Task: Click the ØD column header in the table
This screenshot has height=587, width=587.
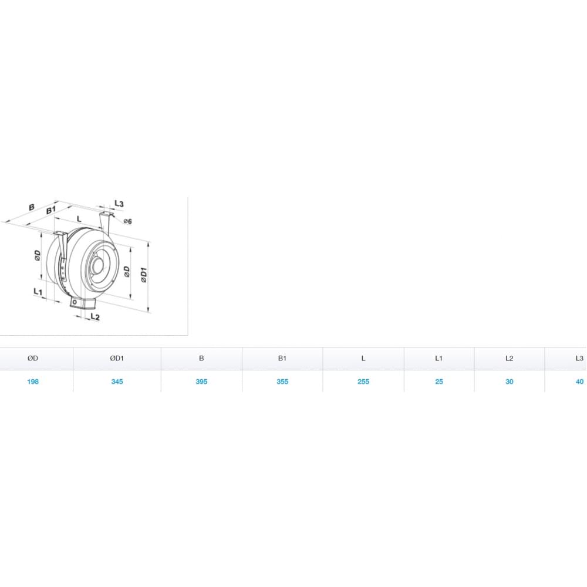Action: tap(32, 358)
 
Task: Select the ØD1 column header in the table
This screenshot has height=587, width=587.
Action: tap(117, 358)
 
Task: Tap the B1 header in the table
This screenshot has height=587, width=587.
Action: tap(282, 358)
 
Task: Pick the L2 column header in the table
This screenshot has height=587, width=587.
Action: tap(509, 358)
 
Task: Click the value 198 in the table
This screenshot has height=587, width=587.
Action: tap(33, 382)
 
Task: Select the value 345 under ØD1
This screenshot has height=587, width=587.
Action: tap(117, 382)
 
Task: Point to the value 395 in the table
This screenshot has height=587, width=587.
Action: tap(201, 382)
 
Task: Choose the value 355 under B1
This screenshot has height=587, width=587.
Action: tap(282, 382)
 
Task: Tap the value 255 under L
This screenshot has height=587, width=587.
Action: tap(363, 382)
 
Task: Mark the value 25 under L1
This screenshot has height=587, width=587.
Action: tap(439, 382)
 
